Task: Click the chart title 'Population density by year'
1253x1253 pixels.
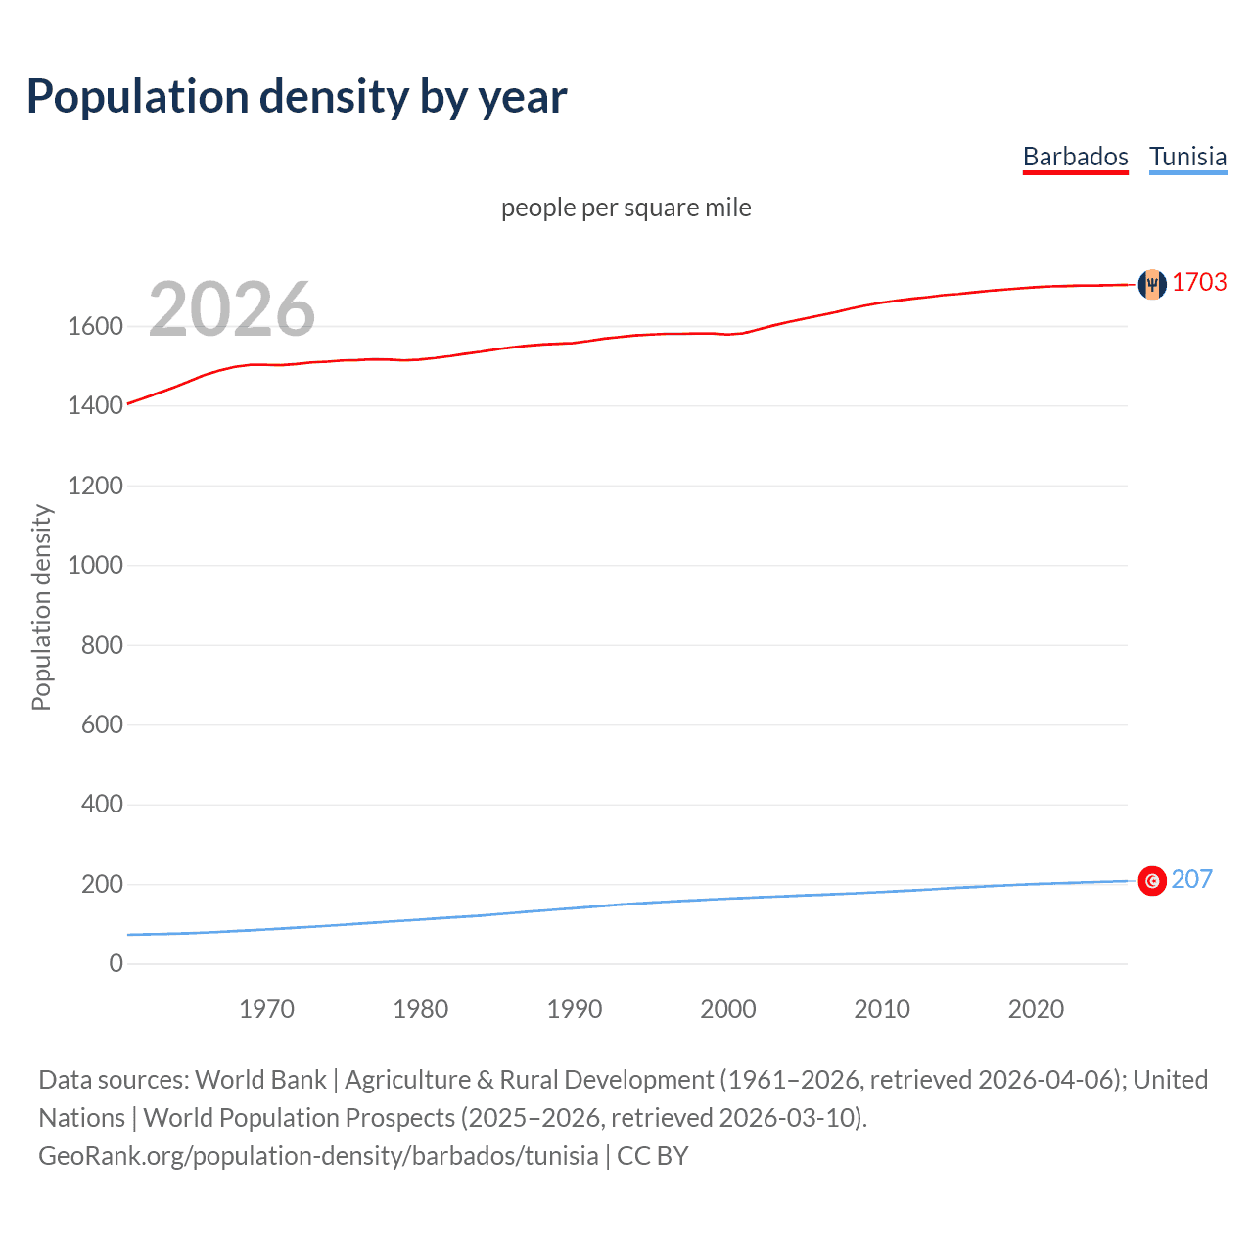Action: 297,97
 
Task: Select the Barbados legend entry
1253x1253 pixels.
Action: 1075,157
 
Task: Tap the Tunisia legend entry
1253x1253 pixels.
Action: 1187,157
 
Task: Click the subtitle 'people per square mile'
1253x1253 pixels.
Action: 626,208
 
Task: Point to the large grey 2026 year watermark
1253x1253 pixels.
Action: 232,309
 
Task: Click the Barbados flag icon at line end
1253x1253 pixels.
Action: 1152,284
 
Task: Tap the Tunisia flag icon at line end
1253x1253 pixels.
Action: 1152,881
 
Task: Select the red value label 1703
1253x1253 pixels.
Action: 1199,282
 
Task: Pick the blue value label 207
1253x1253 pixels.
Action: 1191,879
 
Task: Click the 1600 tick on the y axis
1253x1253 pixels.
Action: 95,326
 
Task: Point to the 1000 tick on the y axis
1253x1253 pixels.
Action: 95,565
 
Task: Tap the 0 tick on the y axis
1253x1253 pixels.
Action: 116,963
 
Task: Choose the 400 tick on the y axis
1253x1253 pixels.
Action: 102,804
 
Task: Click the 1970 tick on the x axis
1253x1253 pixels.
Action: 266,1009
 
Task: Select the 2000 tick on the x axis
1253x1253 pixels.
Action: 727,1009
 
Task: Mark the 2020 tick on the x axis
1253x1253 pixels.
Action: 1036,1009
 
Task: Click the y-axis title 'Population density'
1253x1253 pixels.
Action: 41,607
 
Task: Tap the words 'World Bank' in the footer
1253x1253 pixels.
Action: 260,1080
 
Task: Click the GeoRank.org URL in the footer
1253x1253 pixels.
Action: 318,1156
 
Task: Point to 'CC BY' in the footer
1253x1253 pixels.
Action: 653,1156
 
